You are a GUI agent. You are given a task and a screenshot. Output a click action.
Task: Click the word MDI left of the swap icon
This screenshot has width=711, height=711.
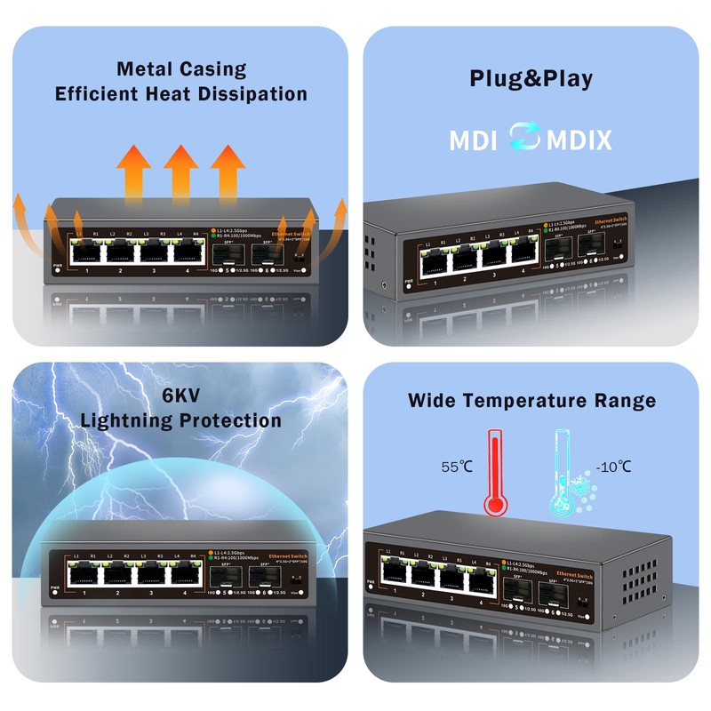[473, 140]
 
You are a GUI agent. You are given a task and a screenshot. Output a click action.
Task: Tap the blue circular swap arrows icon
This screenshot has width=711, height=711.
[523, 139]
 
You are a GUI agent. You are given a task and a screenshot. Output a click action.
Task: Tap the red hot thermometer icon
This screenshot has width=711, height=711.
[495, 471]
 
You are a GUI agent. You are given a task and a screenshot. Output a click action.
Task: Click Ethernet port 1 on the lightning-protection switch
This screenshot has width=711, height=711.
[84, 574]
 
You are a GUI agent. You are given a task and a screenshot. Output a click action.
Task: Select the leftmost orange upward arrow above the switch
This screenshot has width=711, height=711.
[134, 170]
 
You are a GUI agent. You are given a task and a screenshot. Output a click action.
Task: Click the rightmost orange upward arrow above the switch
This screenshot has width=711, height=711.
[228, 170]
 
